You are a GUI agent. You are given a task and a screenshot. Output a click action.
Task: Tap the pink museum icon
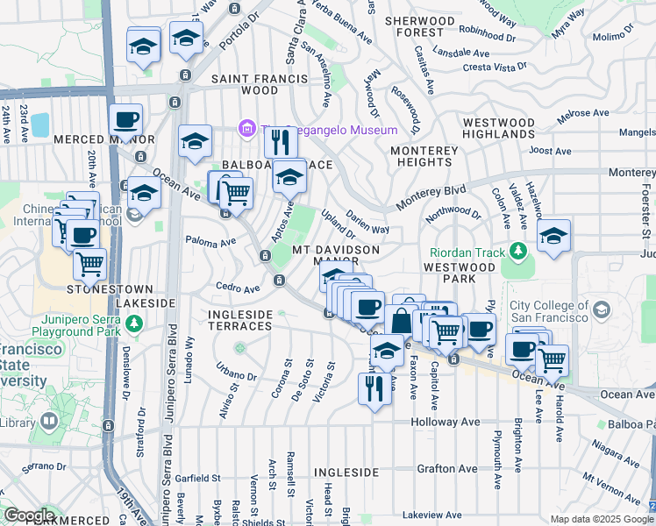tap(247, 130)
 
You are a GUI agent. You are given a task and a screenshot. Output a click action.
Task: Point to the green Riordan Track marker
tap(519, 251)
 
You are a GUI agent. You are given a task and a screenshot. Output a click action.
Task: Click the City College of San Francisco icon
tap(602, 309)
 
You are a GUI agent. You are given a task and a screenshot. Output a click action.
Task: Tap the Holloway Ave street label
tap(446, 422)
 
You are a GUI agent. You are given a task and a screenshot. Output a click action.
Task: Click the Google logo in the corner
tap(29, 515)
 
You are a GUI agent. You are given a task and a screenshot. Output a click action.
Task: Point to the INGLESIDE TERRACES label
tap(240, 320)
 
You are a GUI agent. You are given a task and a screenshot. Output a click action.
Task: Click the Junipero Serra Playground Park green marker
tap(133, 324)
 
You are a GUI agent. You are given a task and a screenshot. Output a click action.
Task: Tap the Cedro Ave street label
tap(239, 288)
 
